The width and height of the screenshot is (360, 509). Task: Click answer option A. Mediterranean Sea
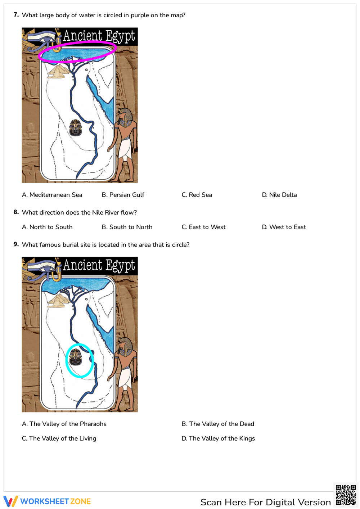pyautogui.click(x=52, y=195)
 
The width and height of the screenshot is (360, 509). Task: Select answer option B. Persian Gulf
pyautogui.click(x=123, y=195)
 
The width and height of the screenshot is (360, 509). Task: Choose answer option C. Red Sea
pyautogui.click(x=197, y=195)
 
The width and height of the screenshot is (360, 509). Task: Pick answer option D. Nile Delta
pyautogui.click(x=279, y=195)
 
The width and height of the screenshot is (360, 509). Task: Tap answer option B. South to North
pyautogui.click(x=127, y=227)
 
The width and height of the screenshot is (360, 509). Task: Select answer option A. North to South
pyautogui.click(x=47, y=227)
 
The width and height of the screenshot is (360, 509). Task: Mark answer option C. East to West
pyautogui.click(x=203, y=227)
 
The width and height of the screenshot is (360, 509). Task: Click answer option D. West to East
pyautogui.click(x=284, y=227)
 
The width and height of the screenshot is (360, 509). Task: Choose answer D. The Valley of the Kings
pyautogui.click(x=218, y=438)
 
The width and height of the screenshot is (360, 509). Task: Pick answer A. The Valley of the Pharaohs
pyautogui.click(x=64, y=424)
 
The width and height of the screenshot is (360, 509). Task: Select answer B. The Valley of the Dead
pyautogui.click(x=218, y=424)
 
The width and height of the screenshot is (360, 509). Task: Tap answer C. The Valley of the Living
pyautogui.click(x=59, y=438)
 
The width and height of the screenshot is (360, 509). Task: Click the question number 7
pyautogui.click(x=16, y=15)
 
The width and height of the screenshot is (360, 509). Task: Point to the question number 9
pyautogui.click(x=16, y=244)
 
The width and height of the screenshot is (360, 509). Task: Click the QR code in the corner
pyautogui.click(x=346, y=495)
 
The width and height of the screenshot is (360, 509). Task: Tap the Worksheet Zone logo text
pyautogui.click(x=55, y=501)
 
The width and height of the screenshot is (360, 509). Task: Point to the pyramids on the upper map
pyautogui.click(x=58, y=71)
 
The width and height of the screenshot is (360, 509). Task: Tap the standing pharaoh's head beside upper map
pyautogui.click(x=125, y=116)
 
